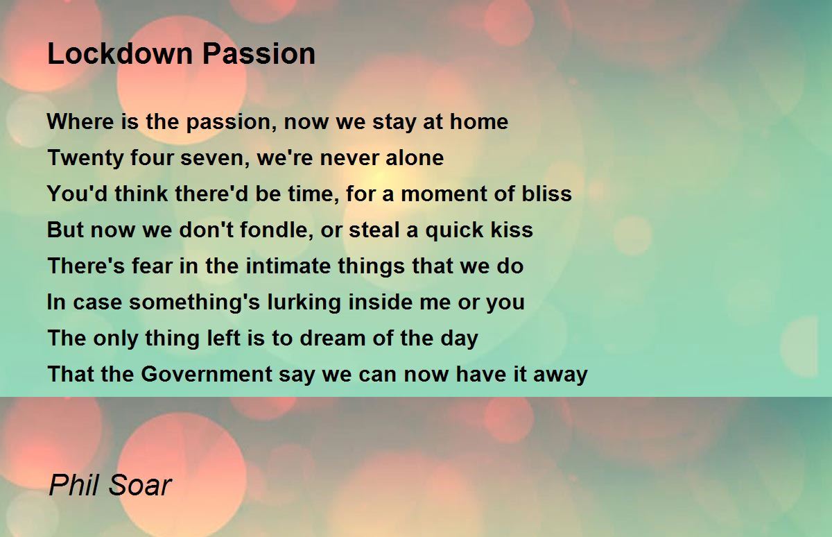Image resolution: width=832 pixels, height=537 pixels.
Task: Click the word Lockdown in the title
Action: [x=120, y=53]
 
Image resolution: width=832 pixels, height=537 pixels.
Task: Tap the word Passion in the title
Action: [x=259, y=53]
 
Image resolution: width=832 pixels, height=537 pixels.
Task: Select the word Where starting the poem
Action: [x=80, y=121]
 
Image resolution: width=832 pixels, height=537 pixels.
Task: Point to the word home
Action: [x=479, y=121]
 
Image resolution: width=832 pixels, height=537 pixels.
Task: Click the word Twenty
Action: [x=85, y=158]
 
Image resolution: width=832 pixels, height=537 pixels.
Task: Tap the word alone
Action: [x=415, y=157]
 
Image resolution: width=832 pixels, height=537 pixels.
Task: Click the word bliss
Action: [x=547, y=194]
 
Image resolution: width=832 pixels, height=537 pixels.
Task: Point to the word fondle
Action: [x=274, y=230]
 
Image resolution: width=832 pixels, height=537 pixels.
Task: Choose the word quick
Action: [x=454, y=230]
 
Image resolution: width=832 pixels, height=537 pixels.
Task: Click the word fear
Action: [x=153, y=266]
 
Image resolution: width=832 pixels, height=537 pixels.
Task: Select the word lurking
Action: [x=304, y=302]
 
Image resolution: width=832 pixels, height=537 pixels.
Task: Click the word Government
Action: [x=207, y=374]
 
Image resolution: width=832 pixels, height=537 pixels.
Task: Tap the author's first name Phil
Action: [x=76, y=485]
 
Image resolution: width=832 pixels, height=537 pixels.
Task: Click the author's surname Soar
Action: [x=140, y=486]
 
